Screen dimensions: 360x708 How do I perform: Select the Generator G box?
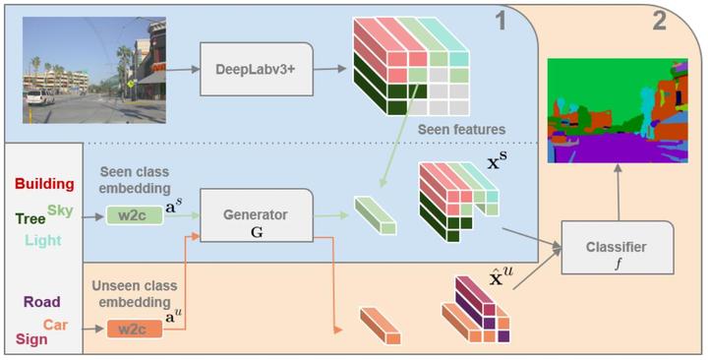click(x=256, y=221)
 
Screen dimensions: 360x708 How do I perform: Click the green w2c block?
click(x=132, y=215)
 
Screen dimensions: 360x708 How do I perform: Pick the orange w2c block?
click(x=132, y=330)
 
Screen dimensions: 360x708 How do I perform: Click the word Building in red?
click(x=45, y=184)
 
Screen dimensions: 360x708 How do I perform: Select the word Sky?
click(x=60, y=210)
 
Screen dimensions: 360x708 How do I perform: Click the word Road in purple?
click(x=41, y=303)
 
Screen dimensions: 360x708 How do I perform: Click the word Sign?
click(x=31, y=339)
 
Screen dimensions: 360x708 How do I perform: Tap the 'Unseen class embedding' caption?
click(x=135, y=293)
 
